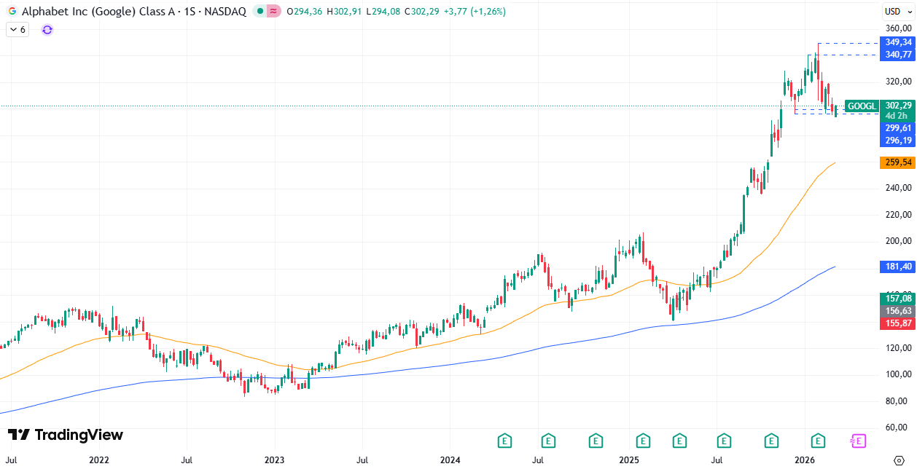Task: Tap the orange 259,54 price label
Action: [x=896, y=162]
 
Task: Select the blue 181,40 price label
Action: [x=896, y=267]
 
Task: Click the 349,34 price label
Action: [x=896, y=42]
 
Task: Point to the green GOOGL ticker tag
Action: [x=862, y=106]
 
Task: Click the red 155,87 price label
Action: [x=896, y=323]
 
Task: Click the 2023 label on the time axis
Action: [x=275, y=460]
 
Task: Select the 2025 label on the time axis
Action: [x=628, y=460]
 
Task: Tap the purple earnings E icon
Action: [x=859, y=441]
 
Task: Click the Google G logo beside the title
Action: [x=12, y=12]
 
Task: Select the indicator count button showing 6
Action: [x=17, y=30]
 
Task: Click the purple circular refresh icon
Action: [x=47, y=30]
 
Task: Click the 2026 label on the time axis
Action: [x=805, y=460]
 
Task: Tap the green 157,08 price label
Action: [x=896, y=299]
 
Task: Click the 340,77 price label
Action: [x=896, y=55]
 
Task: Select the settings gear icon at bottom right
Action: [x=898, y=460]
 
